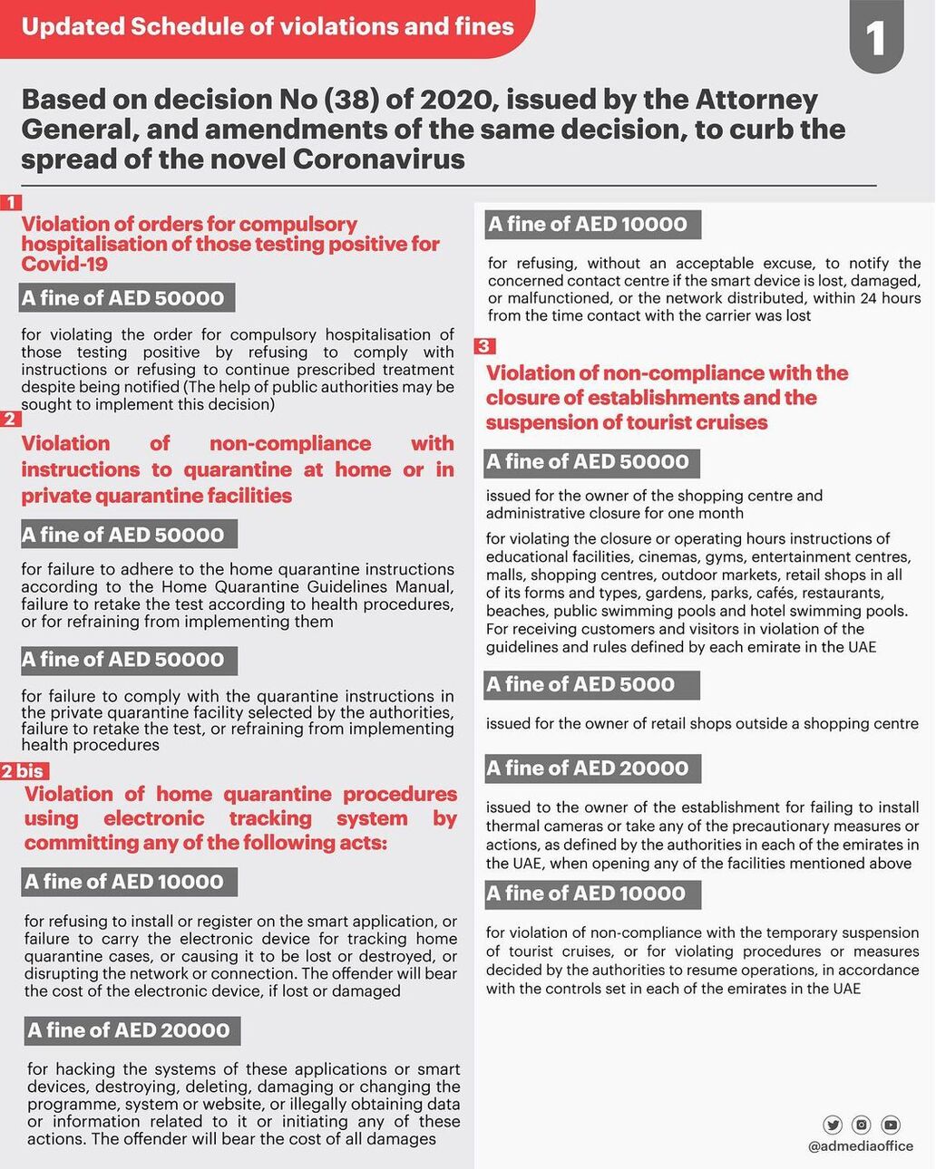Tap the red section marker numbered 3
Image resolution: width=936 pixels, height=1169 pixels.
[484, 346]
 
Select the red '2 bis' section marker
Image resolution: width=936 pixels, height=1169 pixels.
[24, 771]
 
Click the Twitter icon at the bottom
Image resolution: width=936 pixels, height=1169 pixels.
[833, 1125]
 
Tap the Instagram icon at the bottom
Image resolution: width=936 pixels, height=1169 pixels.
[862, 1125]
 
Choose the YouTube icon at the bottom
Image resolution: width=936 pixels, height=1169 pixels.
[891, 1125]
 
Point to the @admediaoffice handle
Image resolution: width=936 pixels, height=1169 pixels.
[860, 1146]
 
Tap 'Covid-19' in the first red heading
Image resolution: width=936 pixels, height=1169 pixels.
[64, 265]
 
